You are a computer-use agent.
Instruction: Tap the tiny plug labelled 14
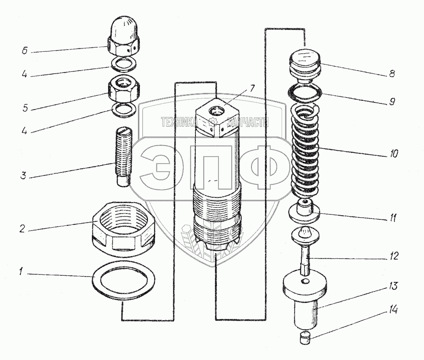304,338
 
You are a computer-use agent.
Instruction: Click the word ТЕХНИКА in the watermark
178,122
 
